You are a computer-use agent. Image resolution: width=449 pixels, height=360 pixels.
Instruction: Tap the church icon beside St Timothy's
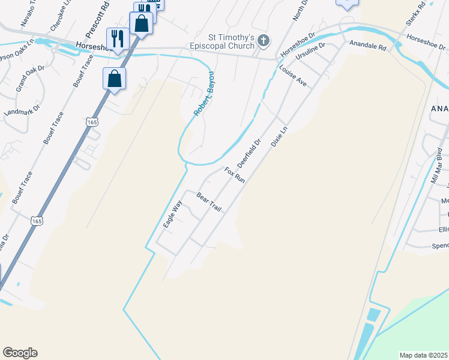[x=263, y=41]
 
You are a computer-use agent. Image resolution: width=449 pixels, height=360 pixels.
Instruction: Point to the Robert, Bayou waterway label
[x=203, y=97]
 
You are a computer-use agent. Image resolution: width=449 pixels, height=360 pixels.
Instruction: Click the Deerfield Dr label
[x=249, y=154]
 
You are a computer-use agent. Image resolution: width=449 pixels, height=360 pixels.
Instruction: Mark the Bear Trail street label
[x=209, y=202]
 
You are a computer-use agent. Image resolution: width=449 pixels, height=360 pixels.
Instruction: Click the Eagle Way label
[x=172, y=214]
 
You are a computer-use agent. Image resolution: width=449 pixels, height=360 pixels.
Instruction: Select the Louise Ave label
[x=293, y=76]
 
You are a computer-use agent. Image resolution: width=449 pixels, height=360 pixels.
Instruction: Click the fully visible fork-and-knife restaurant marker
[x=116, y=40]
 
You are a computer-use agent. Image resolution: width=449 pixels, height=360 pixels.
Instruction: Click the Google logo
[x=20, y=353]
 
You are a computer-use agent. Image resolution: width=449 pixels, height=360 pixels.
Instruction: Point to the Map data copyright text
[x=424, y=355]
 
